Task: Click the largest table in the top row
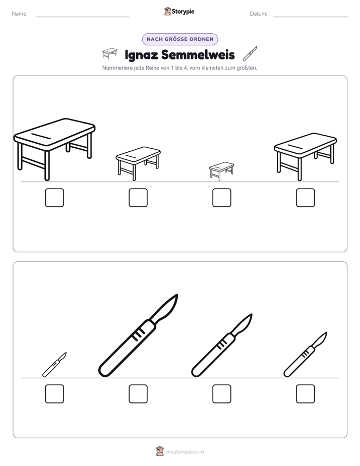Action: (54, 149)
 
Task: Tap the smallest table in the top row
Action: (221, 171)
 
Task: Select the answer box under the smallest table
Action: (221, 198)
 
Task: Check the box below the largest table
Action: (54, 198)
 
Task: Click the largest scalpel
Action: (138, 336)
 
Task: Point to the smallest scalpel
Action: (54, 365)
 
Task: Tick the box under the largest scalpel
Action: (138, 394)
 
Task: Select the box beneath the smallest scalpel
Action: (54, 394)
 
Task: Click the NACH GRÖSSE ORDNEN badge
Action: (180, 39)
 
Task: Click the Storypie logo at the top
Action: (179, 11)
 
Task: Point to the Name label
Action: (20, 14)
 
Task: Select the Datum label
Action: (259, 14)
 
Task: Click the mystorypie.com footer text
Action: (185, 452)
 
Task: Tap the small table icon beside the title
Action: (109, 53)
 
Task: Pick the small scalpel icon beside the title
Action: (250, 53)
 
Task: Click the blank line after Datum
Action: (311, 17)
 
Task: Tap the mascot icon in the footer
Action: (160, 451)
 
